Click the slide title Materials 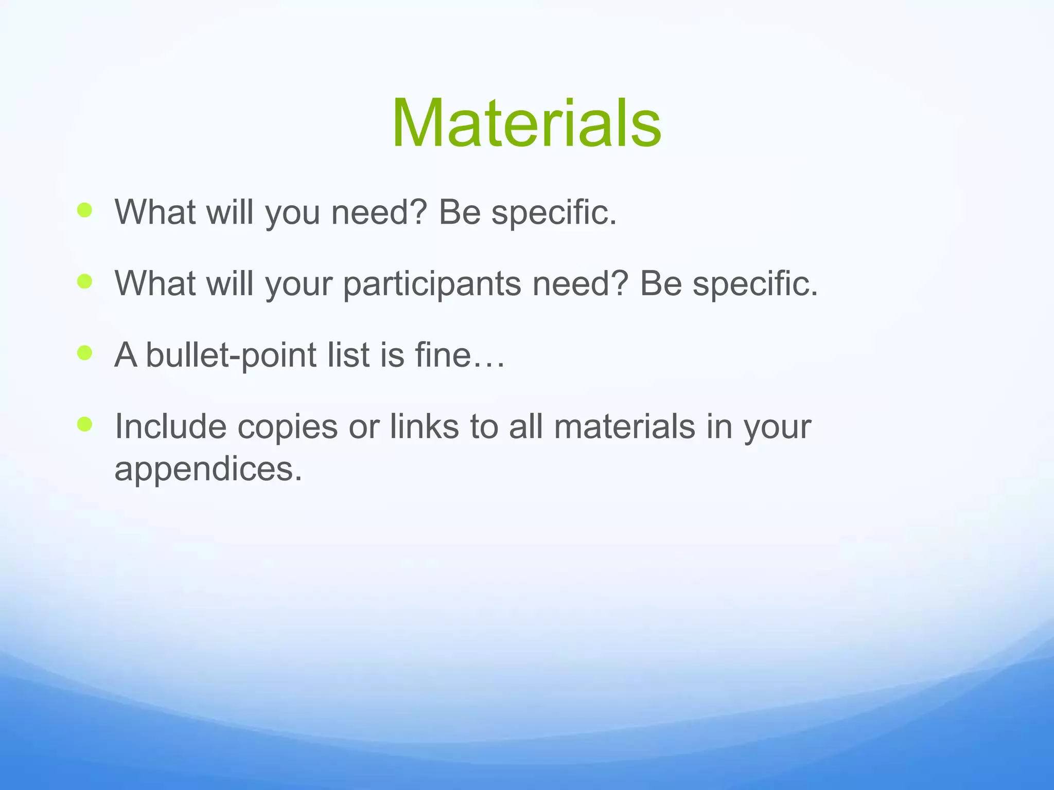(x=526, y=124)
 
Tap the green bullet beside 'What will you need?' (x=84, y=210)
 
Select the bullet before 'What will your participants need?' (x=84, y=281)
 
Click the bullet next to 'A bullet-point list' (x=84, y=353)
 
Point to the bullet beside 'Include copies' (x=84, y=424)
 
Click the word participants (x=432, y=284)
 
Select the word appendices (x=207, y=469)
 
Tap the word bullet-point (x=231, y=355)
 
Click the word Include (x=170, y=426)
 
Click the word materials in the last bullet (x=624, y=426)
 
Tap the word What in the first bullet (x=155, y=212)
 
